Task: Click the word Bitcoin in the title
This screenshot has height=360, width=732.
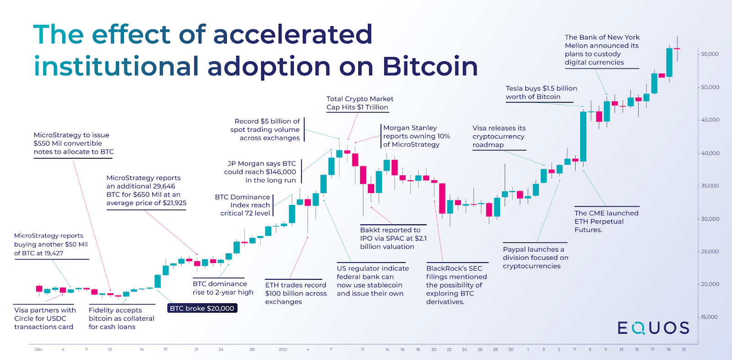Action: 430,66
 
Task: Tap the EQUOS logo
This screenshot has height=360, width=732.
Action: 653,328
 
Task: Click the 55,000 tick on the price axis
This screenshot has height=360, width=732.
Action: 710,54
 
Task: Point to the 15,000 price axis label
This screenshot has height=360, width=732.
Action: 710,317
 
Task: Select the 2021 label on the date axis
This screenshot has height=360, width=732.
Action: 283,349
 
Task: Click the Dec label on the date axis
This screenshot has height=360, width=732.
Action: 38,349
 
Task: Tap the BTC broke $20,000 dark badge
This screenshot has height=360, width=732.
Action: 202,308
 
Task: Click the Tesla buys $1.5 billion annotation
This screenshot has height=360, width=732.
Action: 541,92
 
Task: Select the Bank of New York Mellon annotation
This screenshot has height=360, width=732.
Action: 602,50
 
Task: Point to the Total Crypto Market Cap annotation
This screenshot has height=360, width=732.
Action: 360,103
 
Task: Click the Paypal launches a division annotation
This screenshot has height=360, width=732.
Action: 535,258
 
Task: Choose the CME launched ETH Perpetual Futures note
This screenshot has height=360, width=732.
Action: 606,221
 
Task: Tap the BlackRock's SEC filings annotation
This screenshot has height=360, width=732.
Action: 456,285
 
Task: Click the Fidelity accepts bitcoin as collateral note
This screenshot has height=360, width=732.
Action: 121,318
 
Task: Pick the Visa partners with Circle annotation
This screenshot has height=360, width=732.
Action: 45,318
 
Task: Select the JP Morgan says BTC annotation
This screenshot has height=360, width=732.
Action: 260,172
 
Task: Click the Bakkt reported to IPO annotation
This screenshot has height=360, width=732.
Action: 393,238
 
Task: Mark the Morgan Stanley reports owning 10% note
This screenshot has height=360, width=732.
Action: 416,136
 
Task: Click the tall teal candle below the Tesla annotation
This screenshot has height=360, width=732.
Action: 583,136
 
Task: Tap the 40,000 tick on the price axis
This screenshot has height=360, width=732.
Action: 710,153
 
